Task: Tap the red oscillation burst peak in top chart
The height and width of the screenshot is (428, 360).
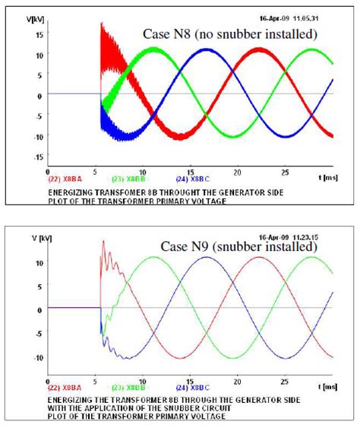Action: click(x=102, y=27)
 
